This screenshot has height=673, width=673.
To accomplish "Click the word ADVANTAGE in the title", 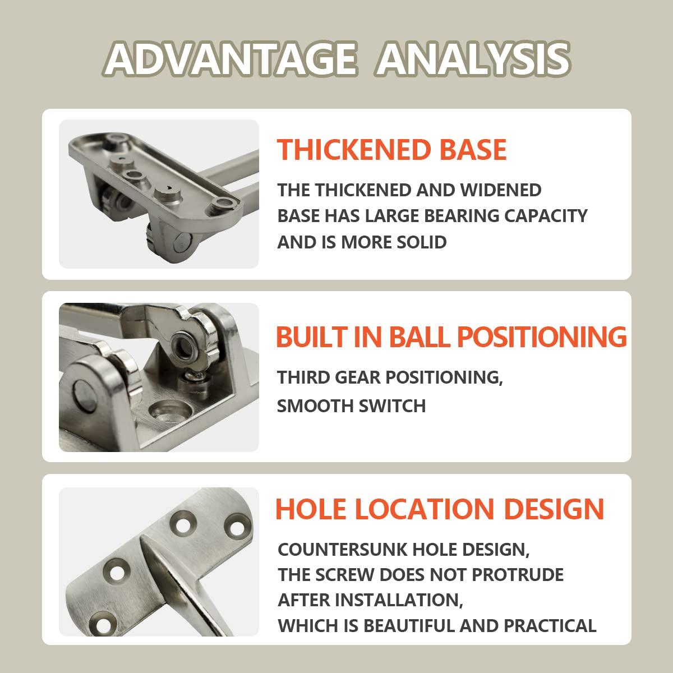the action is pos(231,59).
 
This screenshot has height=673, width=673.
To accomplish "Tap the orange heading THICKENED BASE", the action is pos(391,150).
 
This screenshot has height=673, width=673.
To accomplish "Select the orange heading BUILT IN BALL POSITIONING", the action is pos(451,336).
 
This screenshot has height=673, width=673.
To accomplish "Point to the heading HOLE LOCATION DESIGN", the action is pos(440,509).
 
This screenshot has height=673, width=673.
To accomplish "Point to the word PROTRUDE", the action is pos(518,574).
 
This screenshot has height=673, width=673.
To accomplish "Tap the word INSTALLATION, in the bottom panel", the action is pos(399,600).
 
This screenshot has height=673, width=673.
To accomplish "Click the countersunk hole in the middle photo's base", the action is pos(170,409).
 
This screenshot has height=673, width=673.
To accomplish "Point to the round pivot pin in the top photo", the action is pos(183,243).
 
